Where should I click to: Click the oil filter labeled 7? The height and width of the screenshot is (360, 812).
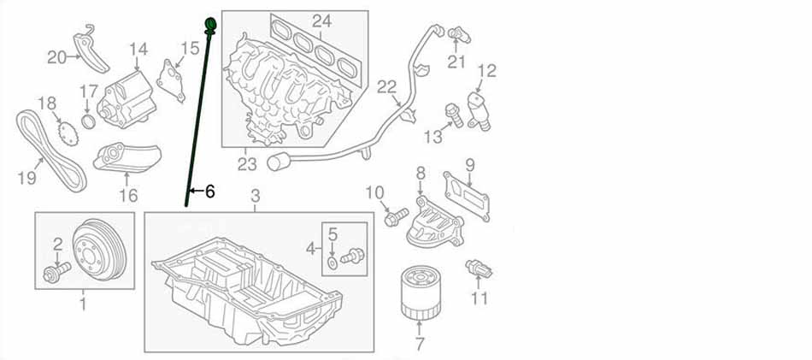(x=419, y=291)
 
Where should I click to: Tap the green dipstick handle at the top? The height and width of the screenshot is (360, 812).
(x=210, y=21)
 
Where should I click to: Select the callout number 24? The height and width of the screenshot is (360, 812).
(x=321, y=20)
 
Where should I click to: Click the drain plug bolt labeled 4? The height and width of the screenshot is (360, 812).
(x=351, y=255)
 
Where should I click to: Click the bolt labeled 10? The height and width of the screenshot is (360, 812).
(x=394, y=218)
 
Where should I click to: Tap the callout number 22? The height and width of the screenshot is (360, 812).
(x=386, y=86)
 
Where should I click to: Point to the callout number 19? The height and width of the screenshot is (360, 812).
(x=26, y=178)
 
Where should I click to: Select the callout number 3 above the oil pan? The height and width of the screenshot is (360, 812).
(x=255, y=198)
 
